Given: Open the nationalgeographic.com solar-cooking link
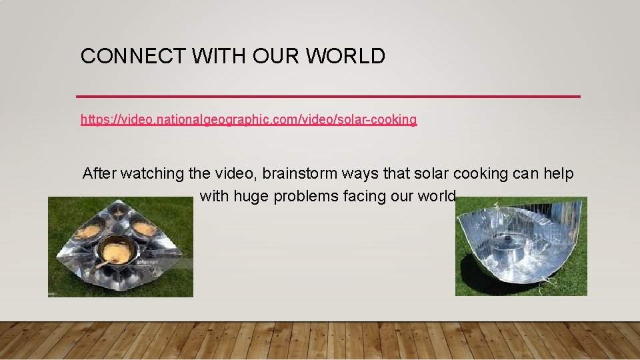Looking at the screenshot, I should [249, 120].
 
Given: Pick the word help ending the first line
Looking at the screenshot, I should [558, 173].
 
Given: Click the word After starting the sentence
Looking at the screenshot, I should [100, 173].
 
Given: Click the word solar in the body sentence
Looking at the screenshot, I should [431, 173].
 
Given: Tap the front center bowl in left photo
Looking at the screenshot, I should [118, 251].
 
